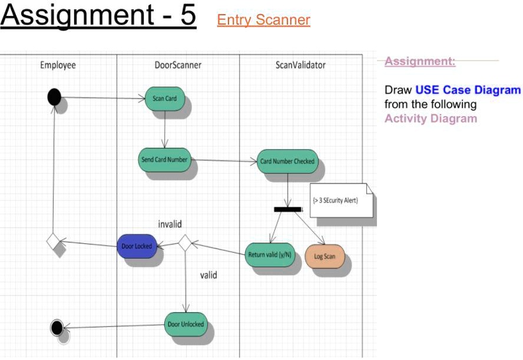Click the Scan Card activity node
(x=165, y=98)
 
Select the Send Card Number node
(x=165, y=159)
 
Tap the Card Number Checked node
(x=287, y=161)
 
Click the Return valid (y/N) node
(x=270, y=254)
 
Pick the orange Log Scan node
(x=325, y=256)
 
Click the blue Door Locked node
(x=137, y=246)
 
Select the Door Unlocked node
(x=186, y=324)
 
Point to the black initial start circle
(x=54, y=97)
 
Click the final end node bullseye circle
(x=57, y=327)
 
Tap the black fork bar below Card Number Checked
(x=287, y=209)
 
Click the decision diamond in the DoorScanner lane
(x=185, y=243)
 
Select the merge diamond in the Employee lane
(x=54, y=242)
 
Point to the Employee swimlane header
(x=58, y=65)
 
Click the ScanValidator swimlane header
(x=300, y=65)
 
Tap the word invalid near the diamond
(x=170, y=224)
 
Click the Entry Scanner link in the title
(x=263, y=20)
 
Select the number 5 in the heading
(x=187, y=15)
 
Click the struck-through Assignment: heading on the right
(x=420, y=61)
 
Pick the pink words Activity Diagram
(x=431, y=118)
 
